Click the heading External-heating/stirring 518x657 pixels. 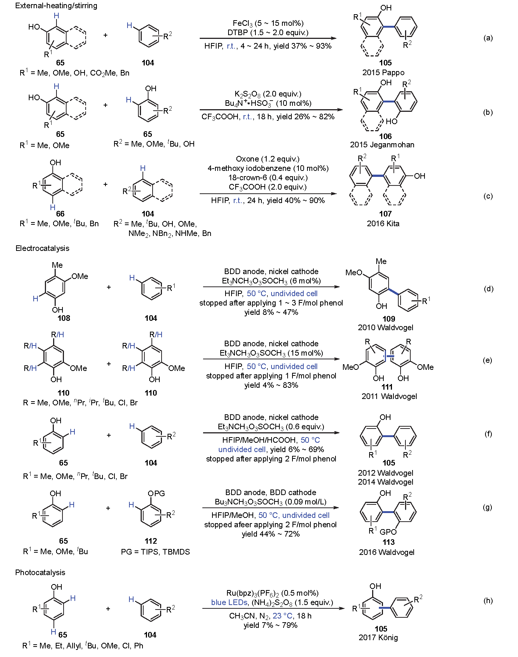(56, 6)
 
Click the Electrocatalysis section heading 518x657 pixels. (42, 248)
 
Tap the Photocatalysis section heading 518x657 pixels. (40, 572)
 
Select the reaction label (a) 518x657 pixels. (488, 38)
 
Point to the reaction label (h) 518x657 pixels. (488, 601)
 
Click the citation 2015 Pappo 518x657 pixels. (383, 73)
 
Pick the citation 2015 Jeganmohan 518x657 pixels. (382, 145)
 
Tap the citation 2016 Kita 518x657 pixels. (383, 224)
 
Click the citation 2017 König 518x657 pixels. (378, 638)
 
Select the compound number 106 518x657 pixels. (385, 136)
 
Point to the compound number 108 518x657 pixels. (64, 318)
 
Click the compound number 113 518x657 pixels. (388, 542)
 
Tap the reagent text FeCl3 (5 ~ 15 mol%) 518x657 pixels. (268, 24)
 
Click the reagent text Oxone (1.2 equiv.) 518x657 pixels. (268, 159)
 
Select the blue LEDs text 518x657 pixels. (229, 602)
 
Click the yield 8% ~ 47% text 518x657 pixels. (271, 312)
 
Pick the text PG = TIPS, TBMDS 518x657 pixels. (155, 552)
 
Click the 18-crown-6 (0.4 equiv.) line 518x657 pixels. (268, 178)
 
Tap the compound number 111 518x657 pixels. (387, 387)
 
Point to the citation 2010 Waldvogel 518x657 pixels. (385, 328)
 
